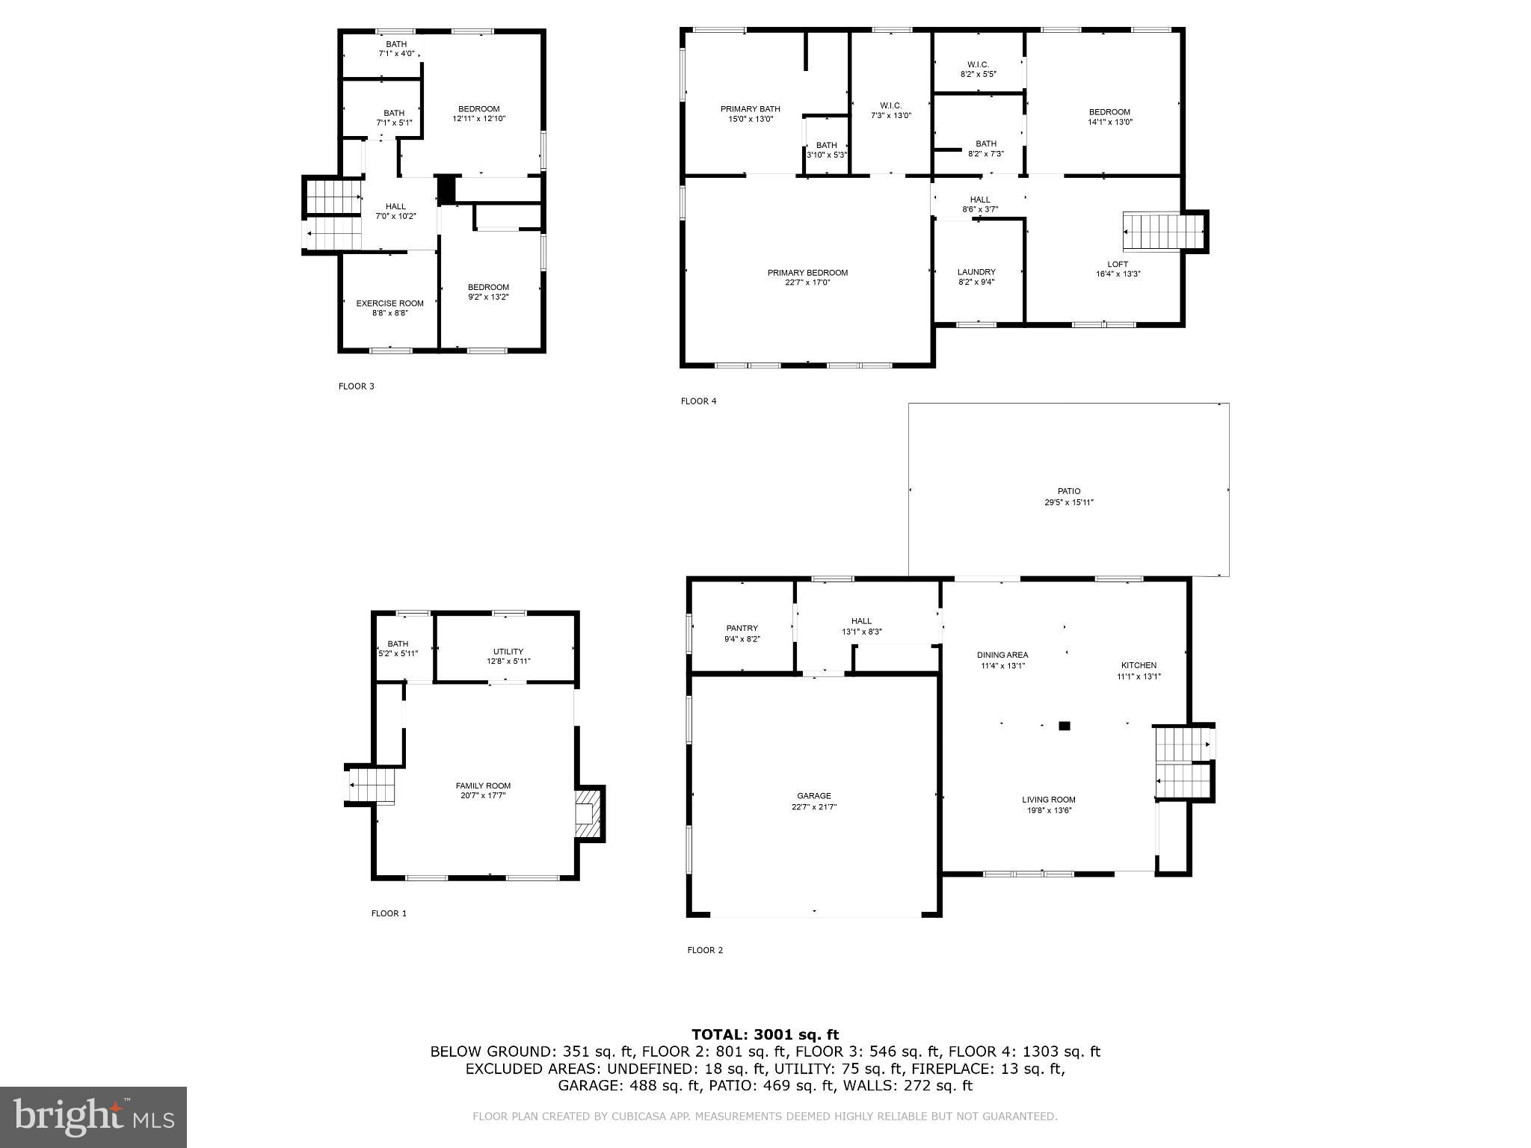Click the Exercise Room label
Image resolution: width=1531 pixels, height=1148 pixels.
389,303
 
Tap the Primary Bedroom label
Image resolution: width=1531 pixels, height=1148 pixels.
807,273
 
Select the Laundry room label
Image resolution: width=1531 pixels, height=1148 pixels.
976,272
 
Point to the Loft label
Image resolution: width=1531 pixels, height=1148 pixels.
1118,265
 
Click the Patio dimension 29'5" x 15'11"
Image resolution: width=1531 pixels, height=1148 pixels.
1069,502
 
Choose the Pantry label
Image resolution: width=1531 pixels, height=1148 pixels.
742,629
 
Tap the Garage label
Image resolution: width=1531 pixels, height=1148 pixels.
813,796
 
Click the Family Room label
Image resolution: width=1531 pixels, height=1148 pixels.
483,786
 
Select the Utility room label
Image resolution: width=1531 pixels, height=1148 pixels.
508,652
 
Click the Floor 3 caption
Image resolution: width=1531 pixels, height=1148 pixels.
356,386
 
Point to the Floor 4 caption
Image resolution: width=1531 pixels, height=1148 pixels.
698,401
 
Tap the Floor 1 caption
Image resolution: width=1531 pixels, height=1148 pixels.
389,913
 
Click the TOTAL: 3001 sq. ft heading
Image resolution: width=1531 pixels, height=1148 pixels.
765,1035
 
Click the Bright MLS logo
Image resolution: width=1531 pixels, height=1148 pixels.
93,1117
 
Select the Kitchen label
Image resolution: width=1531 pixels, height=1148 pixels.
1139,665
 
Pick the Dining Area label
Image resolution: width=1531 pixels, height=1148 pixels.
1002,655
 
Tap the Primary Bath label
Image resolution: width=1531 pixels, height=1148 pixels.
750,109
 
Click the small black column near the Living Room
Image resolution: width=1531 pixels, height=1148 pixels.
1065,725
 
